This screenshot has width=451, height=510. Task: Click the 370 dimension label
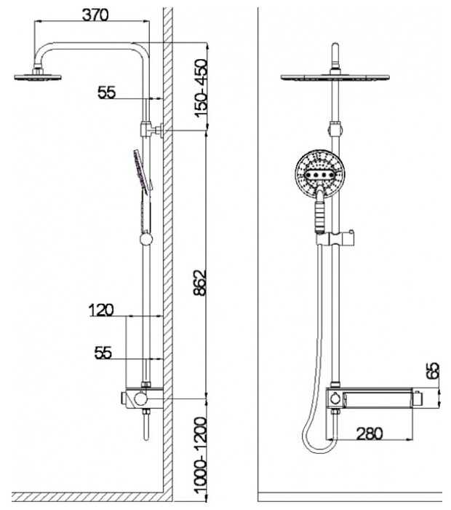[x=95, y=15]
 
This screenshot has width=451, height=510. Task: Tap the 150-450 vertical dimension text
[x=200, y=89]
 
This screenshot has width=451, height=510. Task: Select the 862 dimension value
[x=200, y=283]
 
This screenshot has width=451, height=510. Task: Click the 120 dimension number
[x=101, y=310]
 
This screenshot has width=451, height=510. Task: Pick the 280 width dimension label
[x=370, y=433]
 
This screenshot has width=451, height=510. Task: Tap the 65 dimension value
[x=433, y=370]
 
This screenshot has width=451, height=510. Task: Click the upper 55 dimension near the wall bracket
[x=107, y=93]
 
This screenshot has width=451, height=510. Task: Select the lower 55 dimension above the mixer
[x=103, y=352]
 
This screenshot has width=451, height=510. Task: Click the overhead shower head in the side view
[x=38, y=76]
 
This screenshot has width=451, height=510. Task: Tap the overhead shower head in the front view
[x=335, y=77]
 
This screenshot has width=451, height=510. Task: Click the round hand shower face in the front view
[x=320, y=175]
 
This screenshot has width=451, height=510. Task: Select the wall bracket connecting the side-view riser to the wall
[x=152, y=130]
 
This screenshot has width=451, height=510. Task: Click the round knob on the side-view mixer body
[x=141, y=399]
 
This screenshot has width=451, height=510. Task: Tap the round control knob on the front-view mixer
[x=335, y=398]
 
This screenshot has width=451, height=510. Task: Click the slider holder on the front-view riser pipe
[x=335, y=238]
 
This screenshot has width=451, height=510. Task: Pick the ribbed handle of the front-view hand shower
[x=320, y=215]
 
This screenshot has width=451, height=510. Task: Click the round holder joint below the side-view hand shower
[x=146, y=239]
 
